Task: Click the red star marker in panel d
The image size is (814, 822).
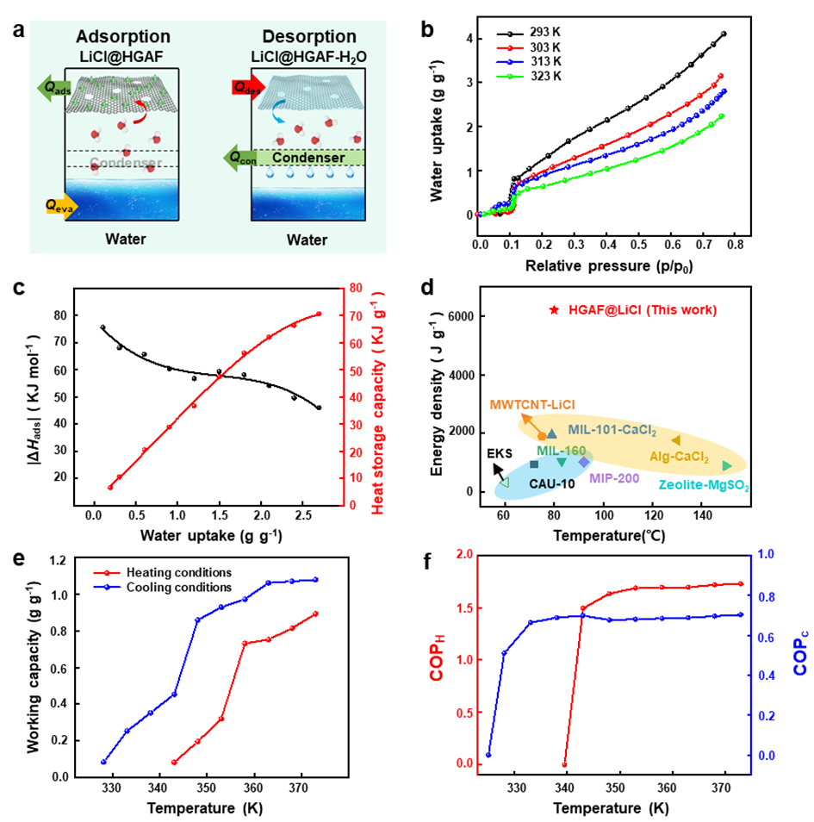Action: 555,310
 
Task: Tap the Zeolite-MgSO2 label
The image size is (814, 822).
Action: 704,486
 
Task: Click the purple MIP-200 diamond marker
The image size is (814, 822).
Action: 584,462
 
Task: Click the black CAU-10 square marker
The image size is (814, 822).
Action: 534,464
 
